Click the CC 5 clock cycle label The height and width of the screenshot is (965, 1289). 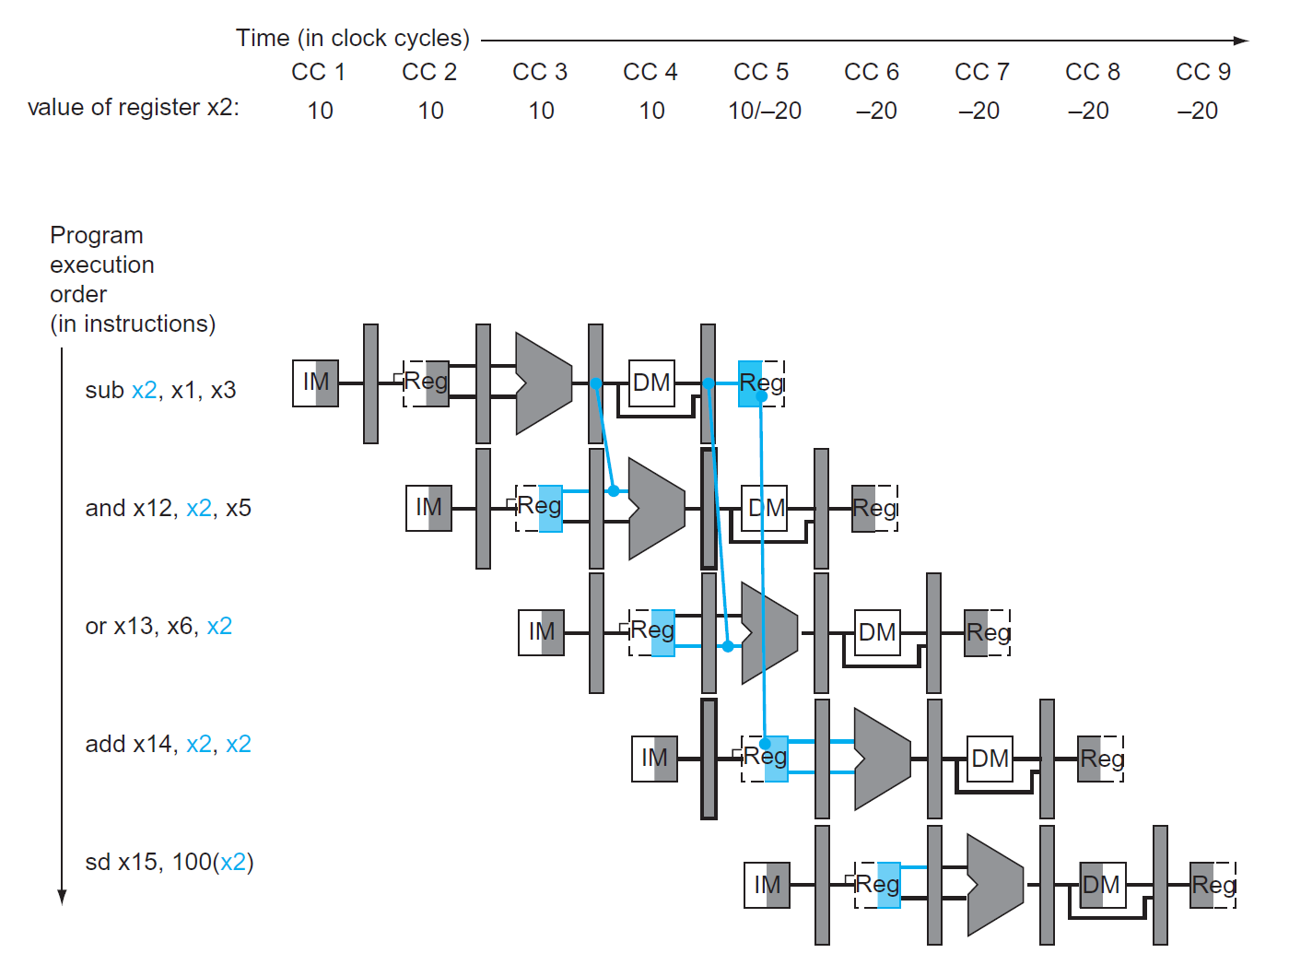click(760, 72)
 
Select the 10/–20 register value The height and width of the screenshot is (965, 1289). click(764, 111)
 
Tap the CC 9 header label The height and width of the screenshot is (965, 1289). click(1202, 72)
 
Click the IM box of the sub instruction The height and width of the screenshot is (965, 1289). click(315, 382)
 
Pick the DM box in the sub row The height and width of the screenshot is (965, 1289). click(651, 382)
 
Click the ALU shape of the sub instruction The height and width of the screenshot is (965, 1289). click(544, 383)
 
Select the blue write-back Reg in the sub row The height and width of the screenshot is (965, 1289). click(761, 383)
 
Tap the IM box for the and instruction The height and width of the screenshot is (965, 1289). click(428, 508)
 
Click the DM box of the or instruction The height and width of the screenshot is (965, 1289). click(876, 632)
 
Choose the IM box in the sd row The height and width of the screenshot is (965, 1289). click(767, 885)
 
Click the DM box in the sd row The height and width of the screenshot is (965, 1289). click(1102, 885)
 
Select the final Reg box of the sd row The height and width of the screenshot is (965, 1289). click(1213, 885)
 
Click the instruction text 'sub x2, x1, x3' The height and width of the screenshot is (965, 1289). click(160, 390)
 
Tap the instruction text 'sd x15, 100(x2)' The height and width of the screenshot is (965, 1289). click(169, 862)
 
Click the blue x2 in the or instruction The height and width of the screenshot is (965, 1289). click(219, 626)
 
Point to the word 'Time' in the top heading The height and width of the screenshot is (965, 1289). click(263, 38)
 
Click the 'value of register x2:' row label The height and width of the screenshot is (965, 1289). click(134, 108)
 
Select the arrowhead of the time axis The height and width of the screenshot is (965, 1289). click(1242, 41)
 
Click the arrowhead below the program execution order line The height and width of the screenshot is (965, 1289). click(62, 898)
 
